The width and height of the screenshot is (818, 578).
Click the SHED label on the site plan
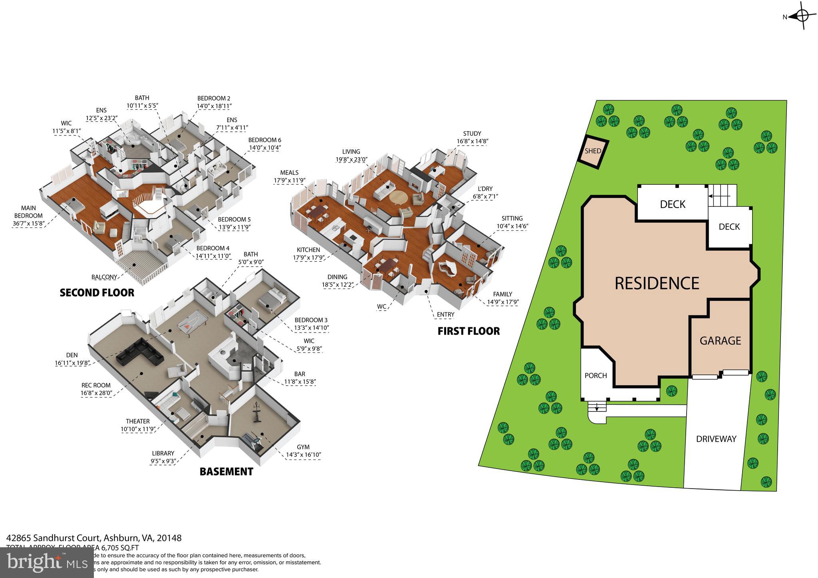(593, 151)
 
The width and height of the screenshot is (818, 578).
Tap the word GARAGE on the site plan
(720, 340)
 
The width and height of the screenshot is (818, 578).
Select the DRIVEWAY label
(716, 439)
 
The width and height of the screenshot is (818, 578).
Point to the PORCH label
(596, 376)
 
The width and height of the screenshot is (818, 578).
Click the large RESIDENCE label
(657, 283)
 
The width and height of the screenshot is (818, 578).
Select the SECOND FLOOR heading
(97, 293)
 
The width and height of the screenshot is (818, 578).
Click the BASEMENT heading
(226, 471)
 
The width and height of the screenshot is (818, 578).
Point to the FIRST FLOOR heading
(469, 331)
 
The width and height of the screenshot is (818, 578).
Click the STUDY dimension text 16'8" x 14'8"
(473, 141)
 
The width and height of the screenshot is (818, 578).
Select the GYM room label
(303, 447)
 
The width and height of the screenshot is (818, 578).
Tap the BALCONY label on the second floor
(104, 277)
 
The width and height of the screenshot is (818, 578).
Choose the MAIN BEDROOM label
(28, 212)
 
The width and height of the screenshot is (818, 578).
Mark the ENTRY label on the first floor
(445, 315)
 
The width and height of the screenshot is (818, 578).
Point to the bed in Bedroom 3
(272, 297)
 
